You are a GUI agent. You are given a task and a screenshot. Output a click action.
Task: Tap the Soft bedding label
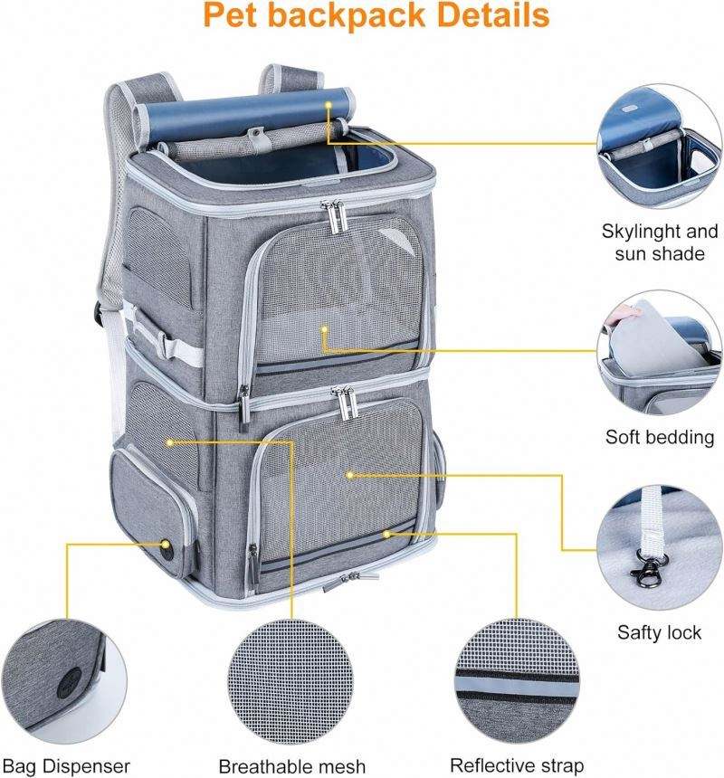(x=660, y=437)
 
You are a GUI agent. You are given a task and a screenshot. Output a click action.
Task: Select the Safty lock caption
(x=659, y=632)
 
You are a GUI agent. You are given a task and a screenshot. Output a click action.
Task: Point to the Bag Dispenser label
(x=66, y=766)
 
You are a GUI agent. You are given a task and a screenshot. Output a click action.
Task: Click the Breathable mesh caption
(x=291, y=766)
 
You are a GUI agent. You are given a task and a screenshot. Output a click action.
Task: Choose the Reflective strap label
(x=517, y=765)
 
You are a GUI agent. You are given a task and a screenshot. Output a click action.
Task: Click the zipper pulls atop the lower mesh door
(x=345, y=403)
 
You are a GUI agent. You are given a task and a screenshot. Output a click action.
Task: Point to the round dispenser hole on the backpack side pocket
(x=165, y=546)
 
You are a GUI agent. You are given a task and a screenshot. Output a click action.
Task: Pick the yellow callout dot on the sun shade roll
(x=328, y=104)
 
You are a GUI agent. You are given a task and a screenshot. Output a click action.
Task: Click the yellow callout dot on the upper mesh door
(x=324, y=329)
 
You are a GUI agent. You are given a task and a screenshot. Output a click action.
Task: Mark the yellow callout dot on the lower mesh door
(x=350, y=475)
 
